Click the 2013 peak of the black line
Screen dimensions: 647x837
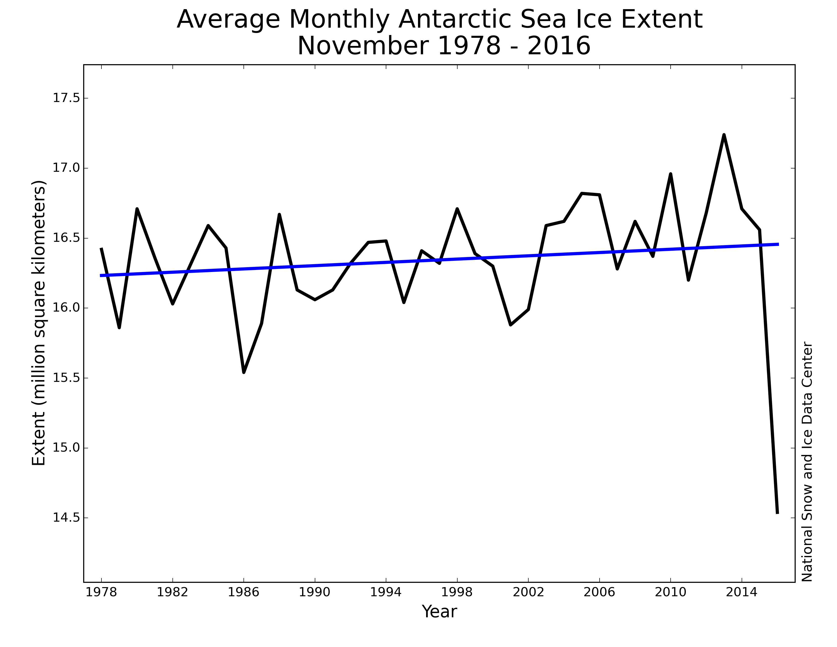724,135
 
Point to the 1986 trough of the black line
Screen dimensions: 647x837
244,371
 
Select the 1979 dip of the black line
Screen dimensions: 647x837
119,327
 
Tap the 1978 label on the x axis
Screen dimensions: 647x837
101,592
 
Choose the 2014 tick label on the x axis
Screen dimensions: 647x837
742,592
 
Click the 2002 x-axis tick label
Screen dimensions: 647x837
528,592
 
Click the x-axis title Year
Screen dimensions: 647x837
439,612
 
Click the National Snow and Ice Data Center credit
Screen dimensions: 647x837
807,462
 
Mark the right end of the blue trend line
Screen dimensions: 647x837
778,244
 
